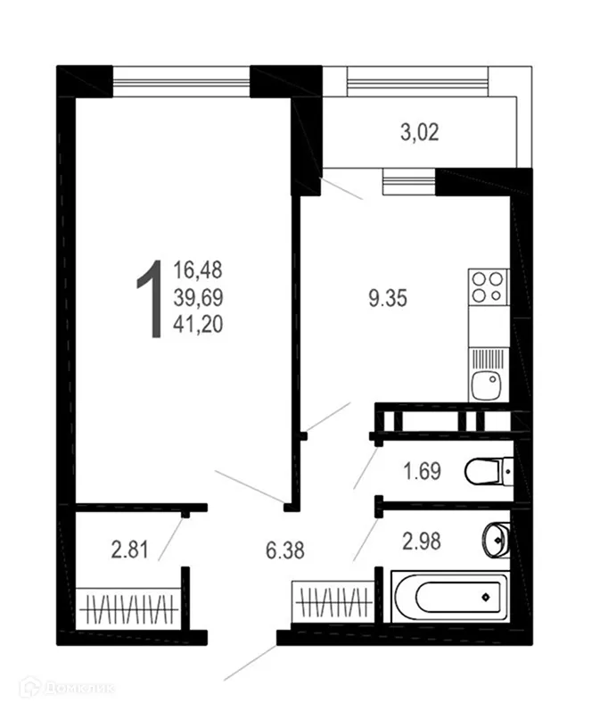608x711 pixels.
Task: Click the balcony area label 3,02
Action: tap(419, 135)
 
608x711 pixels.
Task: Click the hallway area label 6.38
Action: tap(286, 550)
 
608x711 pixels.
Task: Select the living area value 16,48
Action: tap(198, 269)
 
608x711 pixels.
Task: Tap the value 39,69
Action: tap(198, 297)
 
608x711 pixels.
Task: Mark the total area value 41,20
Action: tap(198, 326)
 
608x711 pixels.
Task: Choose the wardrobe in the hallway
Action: tap(332, 599)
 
